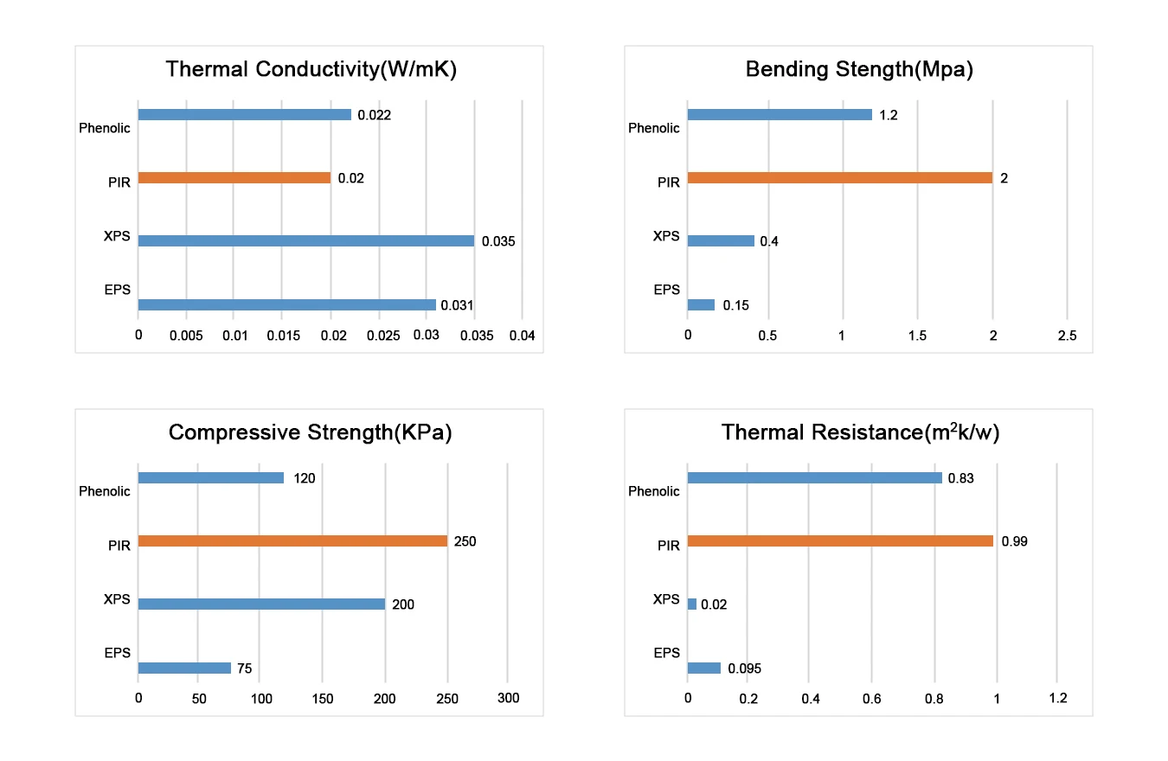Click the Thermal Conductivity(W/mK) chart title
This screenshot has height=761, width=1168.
[311, 70]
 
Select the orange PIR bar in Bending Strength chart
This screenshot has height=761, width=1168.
[839, 178]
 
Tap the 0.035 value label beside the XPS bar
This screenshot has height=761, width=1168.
[498, 242]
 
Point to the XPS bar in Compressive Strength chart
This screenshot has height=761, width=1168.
[261, 604]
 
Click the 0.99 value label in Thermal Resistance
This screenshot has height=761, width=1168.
[1015, 541]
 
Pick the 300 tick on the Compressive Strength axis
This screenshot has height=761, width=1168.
[508, 699]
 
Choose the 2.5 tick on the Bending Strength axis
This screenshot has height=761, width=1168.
[1067, 336]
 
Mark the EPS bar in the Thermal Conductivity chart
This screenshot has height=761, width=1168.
[286, 305]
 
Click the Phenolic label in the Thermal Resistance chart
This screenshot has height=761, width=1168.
[654, 491]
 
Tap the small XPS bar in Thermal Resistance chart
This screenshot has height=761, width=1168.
[691, 604]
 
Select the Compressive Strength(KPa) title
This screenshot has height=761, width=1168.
[311, 432]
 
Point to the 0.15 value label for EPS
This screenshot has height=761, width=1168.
[735, 305]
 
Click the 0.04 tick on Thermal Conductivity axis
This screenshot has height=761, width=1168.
[523, 336]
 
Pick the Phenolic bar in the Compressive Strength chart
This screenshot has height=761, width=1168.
[210, 478]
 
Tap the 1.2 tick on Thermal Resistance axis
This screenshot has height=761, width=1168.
[1057, 699]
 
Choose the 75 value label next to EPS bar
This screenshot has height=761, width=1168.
[244, 668]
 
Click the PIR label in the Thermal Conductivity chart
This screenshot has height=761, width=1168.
[119, 182]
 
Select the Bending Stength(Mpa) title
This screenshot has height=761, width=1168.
[859, 70]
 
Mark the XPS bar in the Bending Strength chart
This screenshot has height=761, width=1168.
[721, 241]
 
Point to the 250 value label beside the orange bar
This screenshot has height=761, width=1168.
[465, 542]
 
